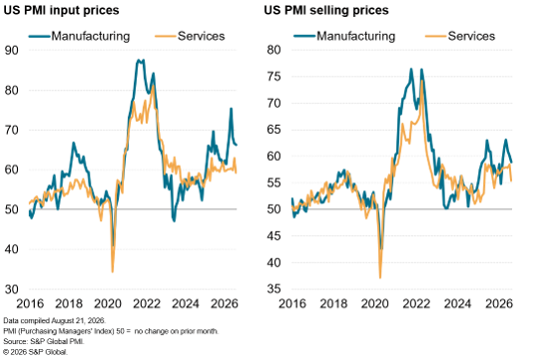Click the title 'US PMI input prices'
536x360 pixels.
[61, 10]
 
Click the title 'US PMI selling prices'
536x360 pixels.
[326, 10]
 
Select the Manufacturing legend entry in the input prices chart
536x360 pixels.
[79, 36]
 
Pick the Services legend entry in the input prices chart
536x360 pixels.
[190, 36]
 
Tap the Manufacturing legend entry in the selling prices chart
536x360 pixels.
[344, 36]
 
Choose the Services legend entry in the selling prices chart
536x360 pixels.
[460, 36]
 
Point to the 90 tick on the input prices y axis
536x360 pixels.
[12, 50]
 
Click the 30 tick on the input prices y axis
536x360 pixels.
[12, 289]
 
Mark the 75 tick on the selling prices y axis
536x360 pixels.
[273, 76]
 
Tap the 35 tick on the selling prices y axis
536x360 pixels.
[273, 289]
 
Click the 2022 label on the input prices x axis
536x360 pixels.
[147, 303]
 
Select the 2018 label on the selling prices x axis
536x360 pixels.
[333, 303]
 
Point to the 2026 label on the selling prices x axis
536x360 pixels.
[499, 303]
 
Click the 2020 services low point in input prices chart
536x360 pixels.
[113, 272]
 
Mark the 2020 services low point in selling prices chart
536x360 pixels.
[380, 278]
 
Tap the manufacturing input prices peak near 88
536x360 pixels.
[139, 60]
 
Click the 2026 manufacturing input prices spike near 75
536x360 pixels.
[232, 109]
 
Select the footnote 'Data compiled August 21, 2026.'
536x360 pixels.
[55, 321]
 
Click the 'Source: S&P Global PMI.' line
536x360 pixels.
[44, 341]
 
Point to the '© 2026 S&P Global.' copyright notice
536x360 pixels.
[36, 352]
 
